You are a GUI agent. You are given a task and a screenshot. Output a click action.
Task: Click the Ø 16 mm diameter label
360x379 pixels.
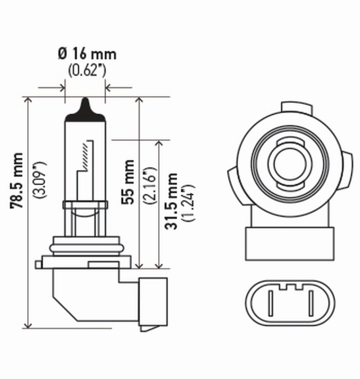[87, 54]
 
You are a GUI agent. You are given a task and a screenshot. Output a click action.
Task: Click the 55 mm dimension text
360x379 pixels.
[128, 182]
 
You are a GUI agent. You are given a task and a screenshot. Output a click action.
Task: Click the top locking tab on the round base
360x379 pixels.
[296, 107]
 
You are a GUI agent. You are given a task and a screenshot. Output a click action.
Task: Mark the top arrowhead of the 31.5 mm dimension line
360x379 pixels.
[158, 144]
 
